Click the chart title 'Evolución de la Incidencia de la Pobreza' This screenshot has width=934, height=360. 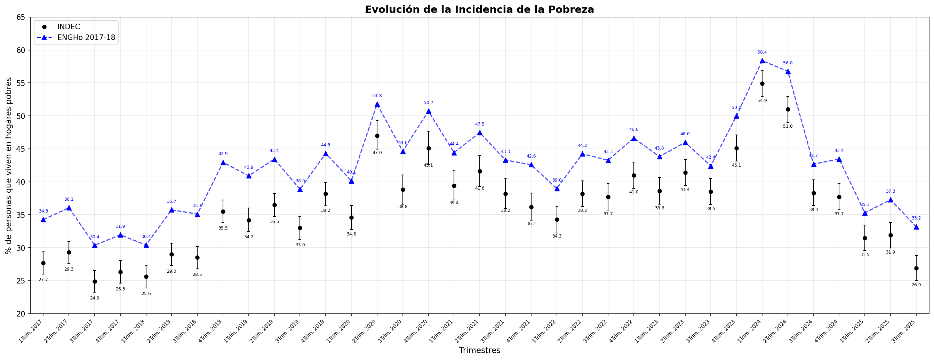coord(479,9)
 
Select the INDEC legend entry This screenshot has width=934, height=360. coord(69,27)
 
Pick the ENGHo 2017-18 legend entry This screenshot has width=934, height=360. coord(86,38)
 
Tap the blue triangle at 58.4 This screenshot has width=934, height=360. coord(762,61)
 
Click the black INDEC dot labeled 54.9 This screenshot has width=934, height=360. coord(762,84)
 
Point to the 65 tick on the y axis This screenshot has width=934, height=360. coord(20,17)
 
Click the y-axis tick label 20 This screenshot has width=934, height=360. coord(20,314)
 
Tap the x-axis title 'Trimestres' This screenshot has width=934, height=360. coord(479,351)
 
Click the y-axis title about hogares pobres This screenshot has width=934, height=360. coord(9,165)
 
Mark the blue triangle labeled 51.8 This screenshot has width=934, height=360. coord(377,104)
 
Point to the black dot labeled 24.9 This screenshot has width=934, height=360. coord(95,282)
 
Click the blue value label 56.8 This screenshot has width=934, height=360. coord(788,63)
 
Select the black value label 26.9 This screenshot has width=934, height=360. coord(916,285)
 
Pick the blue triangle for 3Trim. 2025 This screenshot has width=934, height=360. coord(916,227)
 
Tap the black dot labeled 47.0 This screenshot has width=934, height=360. coord(377,136)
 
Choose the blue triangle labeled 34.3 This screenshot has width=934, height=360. coord(43,220)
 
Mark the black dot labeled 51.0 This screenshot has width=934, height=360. coord(788,110)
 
